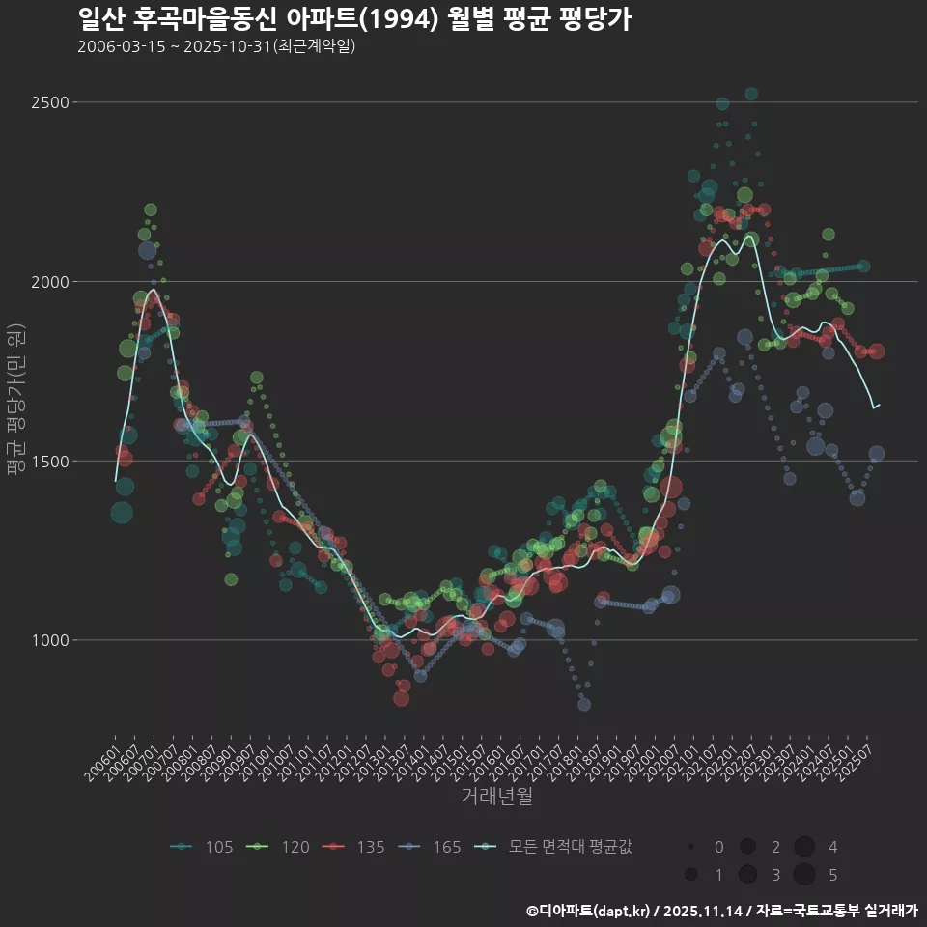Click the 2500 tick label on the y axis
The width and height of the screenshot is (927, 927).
pyautogui.click(x=51, y=102)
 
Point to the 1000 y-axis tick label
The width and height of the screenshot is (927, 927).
pyautogui.click(x=51, y=640)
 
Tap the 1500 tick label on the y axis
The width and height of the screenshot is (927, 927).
pyautogui.click(x=51, y=461)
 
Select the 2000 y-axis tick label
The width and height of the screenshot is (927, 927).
pyautogui.click(x=51, y=282)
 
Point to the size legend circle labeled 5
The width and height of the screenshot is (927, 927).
pyautogui.click(x=803, y=875)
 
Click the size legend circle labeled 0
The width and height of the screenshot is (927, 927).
pyautogui.click(x=691, y=847)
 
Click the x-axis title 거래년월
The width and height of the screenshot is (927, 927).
pyautogui.click(x=497, y=797)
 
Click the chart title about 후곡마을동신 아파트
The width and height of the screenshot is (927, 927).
pyautogui.click(x=354, y=18)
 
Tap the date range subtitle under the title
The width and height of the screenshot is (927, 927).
pyautogui.click(x=217, y=45)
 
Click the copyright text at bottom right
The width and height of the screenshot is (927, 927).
pyautogui.click(x=721, y=910)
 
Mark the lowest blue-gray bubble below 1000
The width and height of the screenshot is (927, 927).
pyautogui.click(x=584, y=704)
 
